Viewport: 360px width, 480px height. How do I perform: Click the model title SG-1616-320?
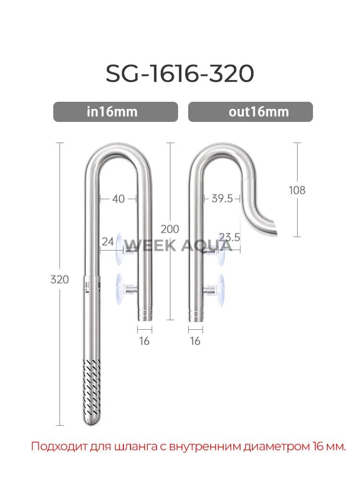[x=180, y=74]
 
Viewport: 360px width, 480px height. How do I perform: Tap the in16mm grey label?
[x=115, y=112]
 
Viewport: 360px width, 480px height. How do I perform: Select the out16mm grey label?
[x=250, y=112]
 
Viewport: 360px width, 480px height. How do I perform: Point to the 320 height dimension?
[x=60, y=279]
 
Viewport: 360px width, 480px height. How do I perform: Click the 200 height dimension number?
[x=170, y=229]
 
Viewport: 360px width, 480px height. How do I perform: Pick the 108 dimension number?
[x=297, y=190]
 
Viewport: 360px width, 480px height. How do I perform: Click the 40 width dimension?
[x=118, y=198]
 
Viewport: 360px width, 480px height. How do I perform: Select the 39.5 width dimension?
[x=222, y=198]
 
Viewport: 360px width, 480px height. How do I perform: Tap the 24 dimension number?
[x=108, y=242]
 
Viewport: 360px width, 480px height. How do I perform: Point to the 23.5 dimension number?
[x=229, y=237]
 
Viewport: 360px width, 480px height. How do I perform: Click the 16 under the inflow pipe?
[x=144, y=341]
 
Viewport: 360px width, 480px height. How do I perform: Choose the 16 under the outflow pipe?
[x=195, y=341]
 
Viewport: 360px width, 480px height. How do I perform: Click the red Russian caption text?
[x=188, y=446]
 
